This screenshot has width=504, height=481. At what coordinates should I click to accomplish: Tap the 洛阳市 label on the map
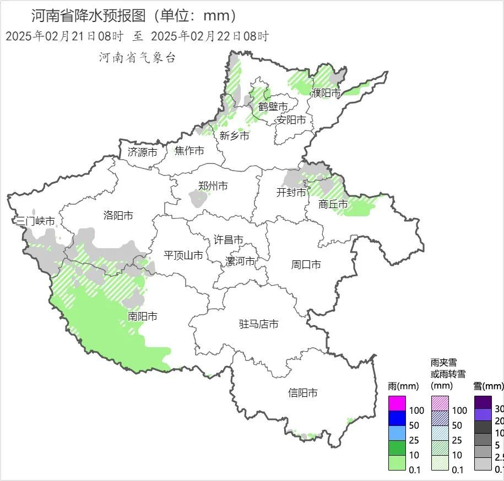[x=118, y=215]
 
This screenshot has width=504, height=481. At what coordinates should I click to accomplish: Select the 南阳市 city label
[x=143, y=316]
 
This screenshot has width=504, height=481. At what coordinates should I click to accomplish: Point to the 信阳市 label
[x=303, y=393]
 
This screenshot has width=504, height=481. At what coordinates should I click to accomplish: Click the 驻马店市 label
[x=258, y=324]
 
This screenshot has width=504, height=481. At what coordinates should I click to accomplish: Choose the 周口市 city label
[x=306, y=265]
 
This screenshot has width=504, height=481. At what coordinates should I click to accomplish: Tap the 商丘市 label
[x=333, y=204]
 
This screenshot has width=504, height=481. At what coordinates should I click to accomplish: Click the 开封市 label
[x=291, y=193]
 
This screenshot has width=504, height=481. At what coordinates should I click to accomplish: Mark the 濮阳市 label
[x=326, y=93]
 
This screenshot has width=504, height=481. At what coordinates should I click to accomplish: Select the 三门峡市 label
[x=35, y=221]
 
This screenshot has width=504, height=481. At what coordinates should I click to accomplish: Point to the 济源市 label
[x=142, y=152]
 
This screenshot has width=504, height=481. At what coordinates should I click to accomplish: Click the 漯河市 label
[x=240, y=261]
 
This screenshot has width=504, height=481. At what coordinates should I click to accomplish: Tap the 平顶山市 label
[x=183, y=255]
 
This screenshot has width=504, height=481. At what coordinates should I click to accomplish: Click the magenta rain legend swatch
[x=397, y=403]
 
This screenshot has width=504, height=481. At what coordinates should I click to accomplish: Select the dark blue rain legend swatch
[x=397, y=418]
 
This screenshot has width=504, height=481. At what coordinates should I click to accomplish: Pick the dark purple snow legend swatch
[x=483, y=402]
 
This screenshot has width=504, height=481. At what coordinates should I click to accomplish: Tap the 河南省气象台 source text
[x=137, y=57]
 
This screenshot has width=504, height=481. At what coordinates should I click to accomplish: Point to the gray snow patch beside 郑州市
[x=196, y=198]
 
